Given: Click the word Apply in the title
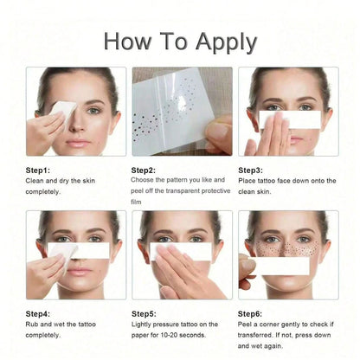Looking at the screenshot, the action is point(226,42).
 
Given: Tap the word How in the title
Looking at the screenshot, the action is point(127,41).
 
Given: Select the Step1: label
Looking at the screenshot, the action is point(38,170).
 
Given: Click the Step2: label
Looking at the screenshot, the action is point(144,170).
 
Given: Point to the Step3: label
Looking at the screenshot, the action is point(250,170).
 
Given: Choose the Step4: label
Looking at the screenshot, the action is point(38,313).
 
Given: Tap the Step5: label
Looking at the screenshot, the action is point(144,313).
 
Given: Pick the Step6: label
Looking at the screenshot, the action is point(250,313).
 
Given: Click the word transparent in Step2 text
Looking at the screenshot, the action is point(183,191).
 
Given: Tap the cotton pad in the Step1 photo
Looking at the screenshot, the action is point(64,111).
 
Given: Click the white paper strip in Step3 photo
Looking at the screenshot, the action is point(290,119).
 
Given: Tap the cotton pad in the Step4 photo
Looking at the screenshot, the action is point(62,255).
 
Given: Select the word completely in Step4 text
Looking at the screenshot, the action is point(43,335).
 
